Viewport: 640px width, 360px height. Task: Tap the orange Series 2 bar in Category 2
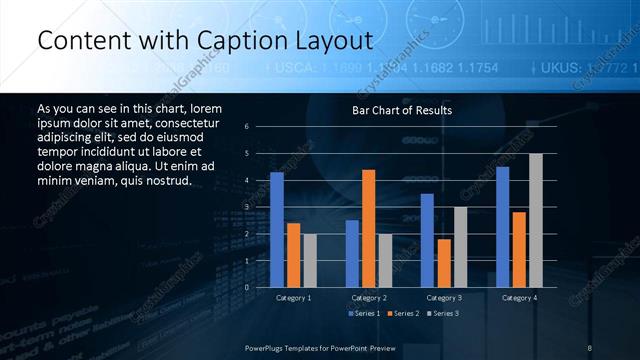pos(368,228)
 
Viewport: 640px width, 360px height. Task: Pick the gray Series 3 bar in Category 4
pos(535,220)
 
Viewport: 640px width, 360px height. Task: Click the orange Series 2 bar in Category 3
pos(444,263)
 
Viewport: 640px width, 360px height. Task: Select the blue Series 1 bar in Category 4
pos(503,227)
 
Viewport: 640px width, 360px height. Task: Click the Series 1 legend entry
pos(366,314)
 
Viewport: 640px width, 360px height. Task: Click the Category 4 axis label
pos(519,297)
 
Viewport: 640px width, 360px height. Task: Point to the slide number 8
pos(590,347)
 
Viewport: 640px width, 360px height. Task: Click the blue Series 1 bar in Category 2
pos(352,253)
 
